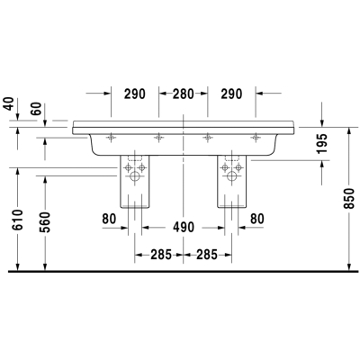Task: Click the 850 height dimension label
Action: [349, 198]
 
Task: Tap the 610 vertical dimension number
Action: [18, 220]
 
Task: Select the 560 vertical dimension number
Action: [45, 222]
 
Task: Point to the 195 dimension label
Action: [322, 143]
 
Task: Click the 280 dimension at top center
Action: [184, 94]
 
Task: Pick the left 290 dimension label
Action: [135, 94]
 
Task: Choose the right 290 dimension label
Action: [231, 94]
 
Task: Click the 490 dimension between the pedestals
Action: [184, 228]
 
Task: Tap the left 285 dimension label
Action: [161, 255]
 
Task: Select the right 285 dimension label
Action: [207, 255]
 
